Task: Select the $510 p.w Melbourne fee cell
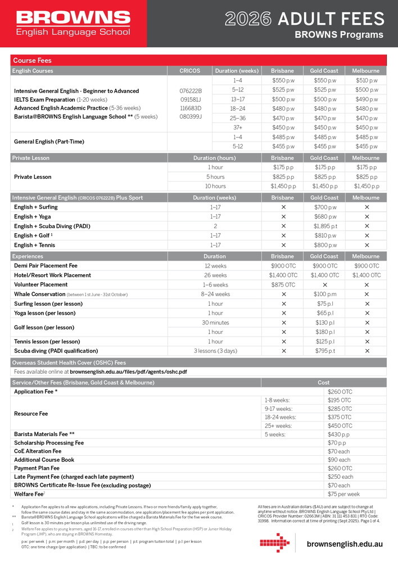pos(366,80)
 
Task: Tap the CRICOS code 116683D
pos(191,108)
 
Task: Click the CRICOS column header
pos(189,71)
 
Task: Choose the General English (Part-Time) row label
pos(49,142)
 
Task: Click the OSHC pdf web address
pos(128,371)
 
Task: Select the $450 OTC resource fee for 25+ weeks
pos(340,425)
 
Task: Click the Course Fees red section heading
pos(33,60)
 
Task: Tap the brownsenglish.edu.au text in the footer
pos(345,545)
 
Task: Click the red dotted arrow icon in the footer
pos(275,543)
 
